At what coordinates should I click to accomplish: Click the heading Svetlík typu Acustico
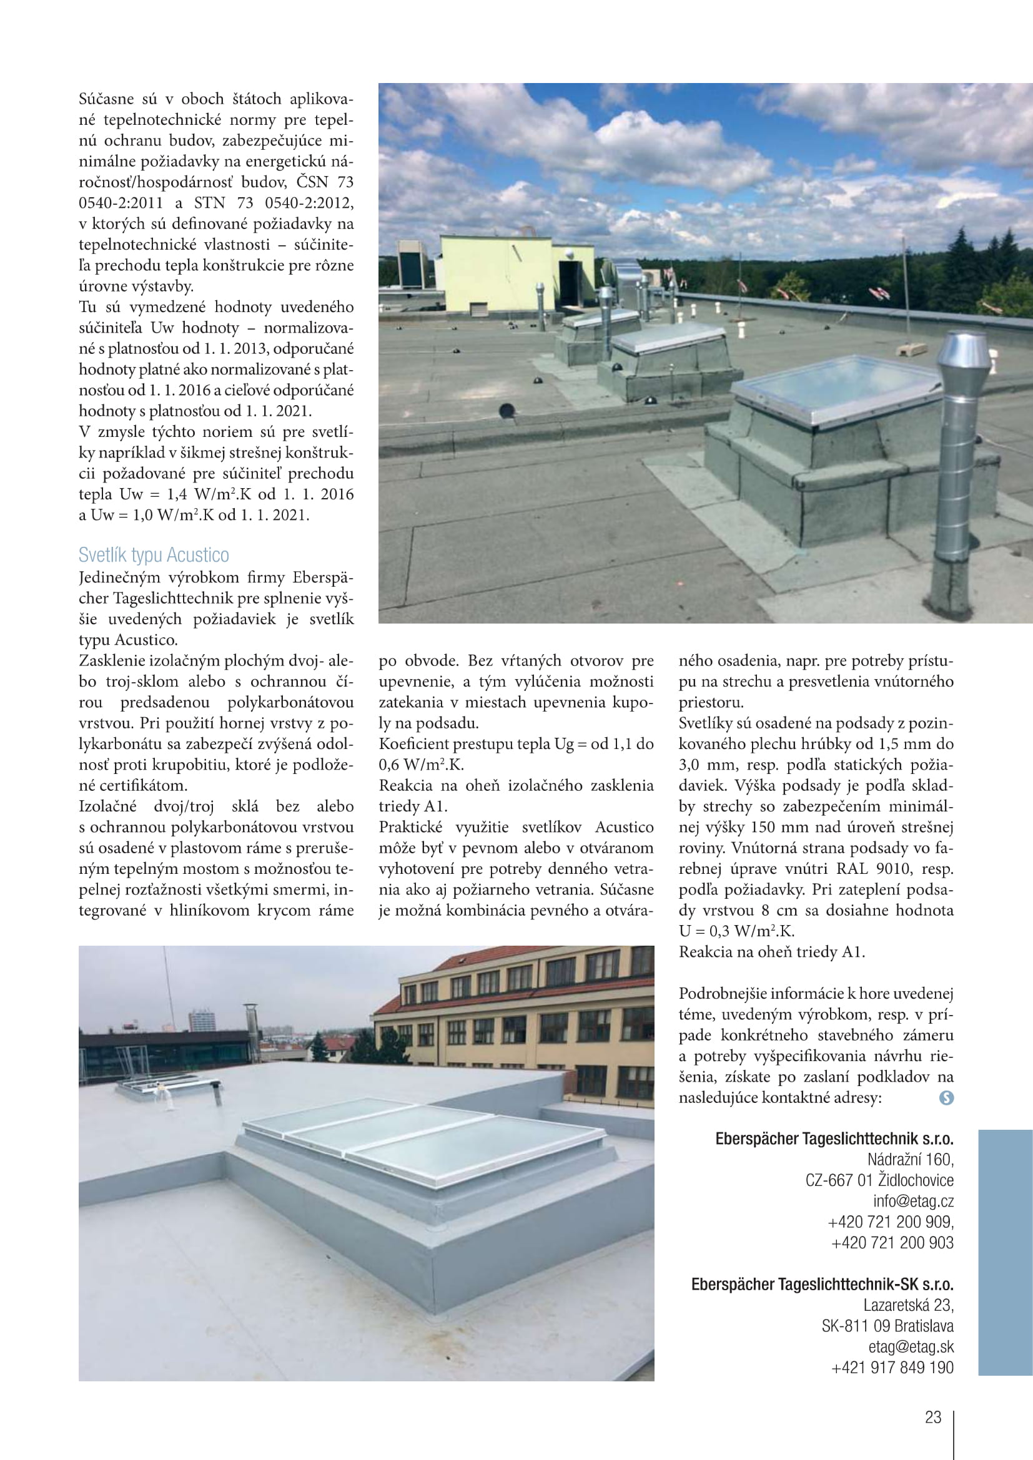(153, 555)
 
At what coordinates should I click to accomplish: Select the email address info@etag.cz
(913, 1200)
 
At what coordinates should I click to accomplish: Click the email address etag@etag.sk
(911, 1346)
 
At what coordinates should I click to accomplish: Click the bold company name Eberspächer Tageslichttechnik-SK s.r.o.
(822, 1284)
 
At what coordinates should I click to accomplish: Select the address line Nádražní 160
(909, 1159)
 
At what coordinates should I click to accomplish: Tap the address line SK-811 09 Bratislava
(887, 1326)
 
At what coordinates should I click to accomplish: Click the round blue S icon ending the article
(946, 1097)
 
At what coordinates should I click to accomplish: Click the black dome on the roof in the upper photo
(507, 410)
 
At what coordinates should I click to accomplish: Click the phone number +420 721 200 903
(892, 1242)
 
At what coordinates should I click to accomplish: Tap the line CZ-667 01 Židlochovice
(879, 1180)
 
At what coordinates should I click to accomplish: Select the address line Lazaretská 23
(907, 1305)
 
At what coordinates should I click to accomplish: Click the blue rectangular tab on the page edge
(1005, 1253)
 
